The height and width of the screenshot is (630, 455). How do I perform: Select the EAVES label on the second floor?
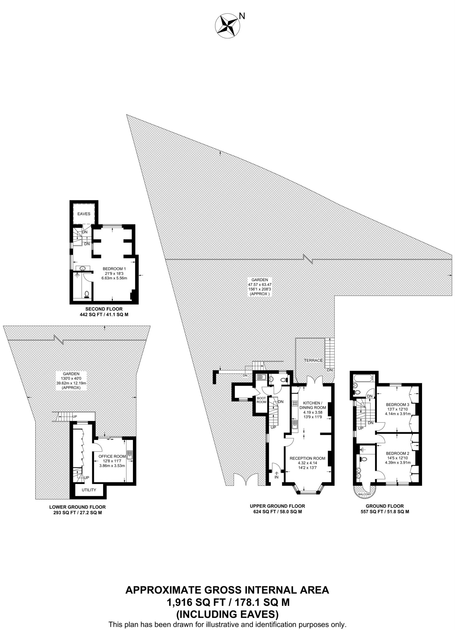(x=84, y=214)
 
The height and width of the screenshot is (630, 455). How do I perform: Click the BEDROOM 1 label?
(x=114, y=269)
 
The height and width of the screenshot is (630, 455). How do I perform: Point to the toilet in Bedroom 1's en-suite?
(x=87, y=294)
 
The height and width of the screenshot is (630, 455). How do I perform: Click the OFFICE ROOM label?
(x=112, y=456)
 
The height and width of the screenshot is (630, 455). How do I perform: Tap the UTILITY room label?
(x=89, y=490)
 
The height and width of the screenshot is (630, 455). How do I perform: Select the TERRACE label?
(x=313, y=360)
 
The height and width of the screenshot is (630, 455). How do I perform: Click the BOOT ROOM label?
(x=261, y=400)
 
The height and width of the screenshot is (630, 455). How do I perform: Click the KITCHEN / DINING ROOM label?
(x=313, y=405)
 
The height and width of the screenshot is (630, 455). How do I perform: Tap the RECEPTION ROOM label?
(x=307, y=458)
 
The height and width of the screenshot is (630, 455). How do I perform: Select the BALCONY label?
(x=365, y=494)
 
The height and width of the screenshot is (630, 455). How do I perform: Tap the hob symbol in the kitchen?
(x=295, y=403)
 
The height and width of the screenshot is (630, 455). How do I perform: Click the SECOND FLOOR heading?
(x=104, y=309)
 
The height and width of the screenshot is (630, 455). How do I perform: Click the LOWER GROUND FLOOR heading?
(x=77, y=507)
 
